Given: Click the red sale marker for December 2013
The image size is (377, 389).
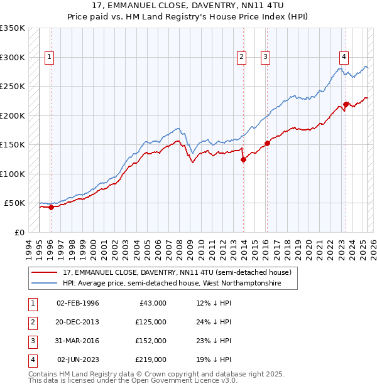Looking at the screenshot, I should click(243, 159).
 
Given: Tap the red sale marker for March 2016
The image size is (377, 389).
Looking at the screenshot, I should click(267, 143).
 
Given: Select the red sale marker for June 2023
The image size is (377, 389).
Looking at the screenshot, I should click(346, 104).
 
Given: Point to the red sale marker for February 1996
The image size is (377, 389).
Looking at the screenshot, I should click(50, 208).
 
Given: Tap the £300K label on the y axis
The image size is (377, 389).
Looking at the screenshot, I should click(13, 57).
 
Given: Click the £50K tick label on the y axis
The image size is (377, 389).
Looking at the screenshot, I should click(14, 203).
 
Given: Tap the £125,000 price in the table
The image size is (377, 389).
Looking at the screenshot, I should click(151, 322).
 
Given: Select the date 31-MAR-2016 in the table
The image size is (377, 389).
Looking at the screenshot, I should click(77, 341).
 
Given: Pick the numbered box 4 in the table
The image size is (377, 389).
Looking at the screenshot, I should click(32, 360).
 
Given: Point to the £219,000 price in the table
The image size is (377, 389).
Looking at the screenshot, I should click(151, 360).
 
